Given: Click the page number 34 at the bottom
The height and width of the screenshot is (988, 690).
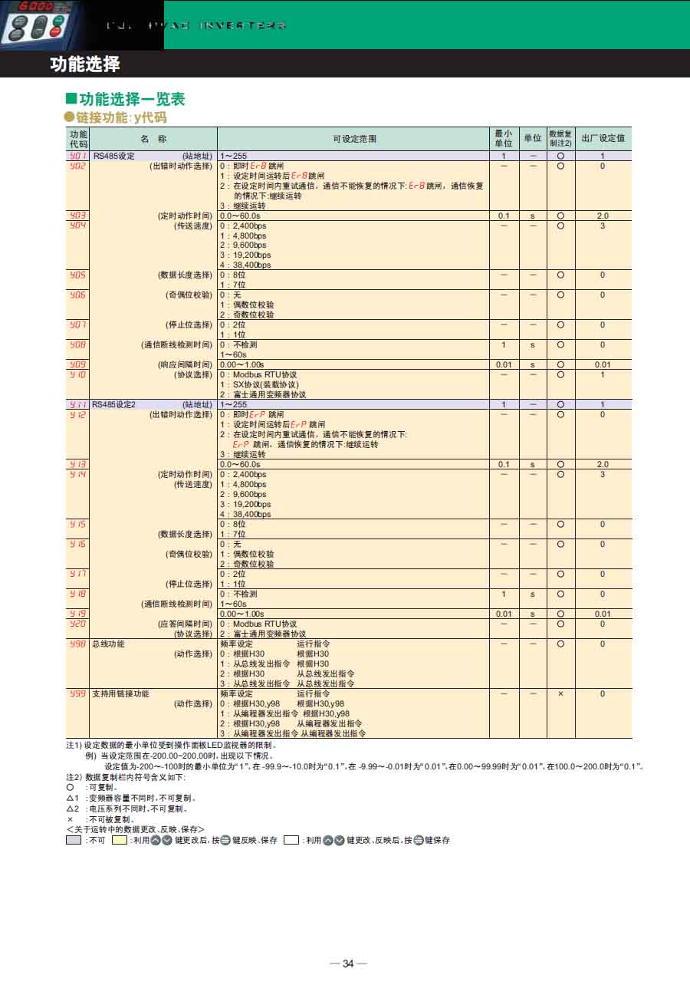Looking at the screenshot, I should (348, 964).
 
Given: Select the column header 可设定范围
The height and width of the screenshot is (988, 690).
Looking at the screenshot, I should (354, 139).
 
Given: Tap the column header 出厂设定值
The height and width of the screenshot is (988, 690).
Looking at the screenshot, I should (603, 139).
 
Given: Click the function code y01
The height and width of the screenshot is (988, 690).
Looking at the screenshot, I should (77, 156).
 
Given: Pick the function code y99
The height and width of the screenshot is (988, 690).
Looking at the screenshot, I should (77, 693).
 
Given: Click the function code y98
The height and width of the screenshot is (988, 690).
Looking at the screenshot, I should (77, 644).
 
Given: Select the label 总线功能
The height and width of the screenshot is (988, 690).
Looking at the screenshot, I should (108, 644).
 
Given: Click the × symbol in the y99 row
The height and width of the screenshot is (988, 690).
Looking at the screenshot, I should (560, 693).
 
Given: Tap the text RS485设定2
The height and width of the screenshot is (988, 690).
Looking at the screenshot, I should (113, 404).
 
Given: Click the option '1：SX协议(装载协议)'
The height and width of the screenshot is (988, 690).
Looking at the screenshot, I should (260, 384).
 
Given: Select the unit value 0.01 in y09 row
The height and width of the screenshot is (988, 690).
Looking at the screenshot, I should (503, 365).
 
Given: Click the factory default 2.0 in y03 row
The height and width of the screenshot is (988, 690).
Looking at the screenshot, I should (603, 216).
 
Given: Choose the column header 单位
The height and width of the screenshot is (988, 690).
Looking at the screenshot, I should (532, 139).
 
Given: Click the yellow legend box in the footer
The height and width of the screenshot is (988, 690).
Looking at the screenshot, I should (120, 840).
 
